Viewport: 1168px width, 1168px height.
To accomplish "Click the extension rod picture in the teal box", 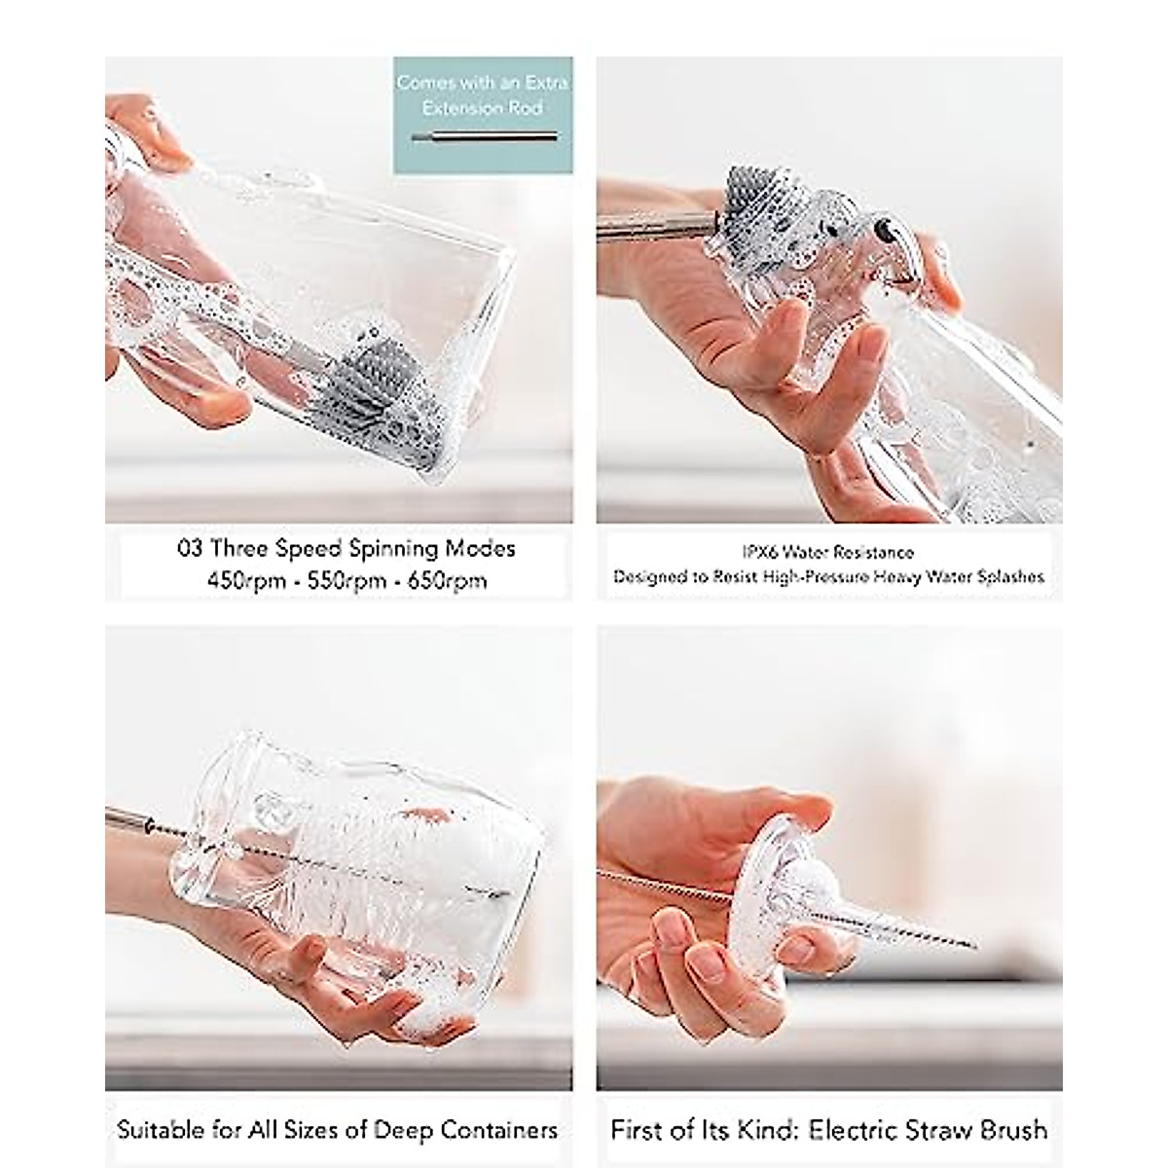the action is [485, 137].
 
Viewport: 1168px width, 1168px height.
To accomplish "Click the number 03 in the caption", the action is [190, 549].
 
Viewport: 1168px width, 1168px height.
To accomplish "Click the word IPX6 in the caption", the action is [760, 552].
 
